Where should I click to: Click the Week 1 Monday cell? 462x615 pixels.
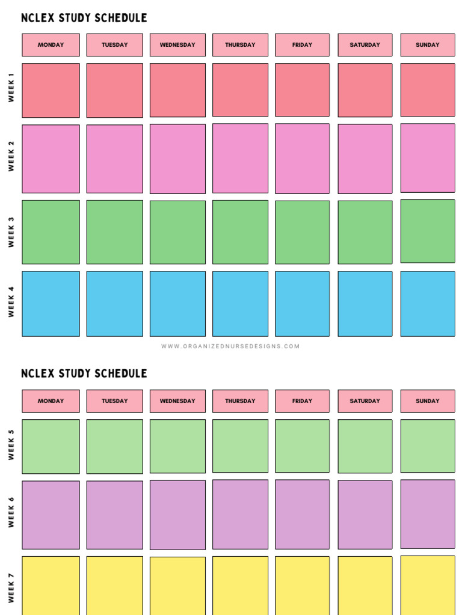[x=51, y=90]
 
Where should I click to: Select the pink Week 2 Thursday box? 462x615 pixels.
[x=240, y=159]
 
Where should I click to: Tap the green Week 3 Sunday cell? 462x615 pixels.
[x=428, y=231]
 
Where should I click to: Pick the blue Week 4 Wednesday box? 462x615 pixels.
[x=177, y=303]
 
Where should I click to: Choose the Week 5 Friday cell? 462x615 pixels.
[x=303, y=446]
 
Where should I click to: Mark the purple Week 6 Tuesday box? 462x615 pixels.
[x=114, y=515]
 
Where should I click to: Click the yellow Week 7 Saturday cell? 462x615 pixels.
[x=365, y=586]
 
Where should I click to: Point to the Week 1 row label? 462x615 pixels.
[x=11, y=88]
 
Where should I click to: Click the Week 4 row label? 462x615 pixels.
[x=11, y=301]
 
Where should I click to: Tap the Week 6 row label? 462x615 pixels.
[x=11, y=512]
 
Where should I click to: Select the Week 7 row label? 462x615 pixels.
[x=11, y=587]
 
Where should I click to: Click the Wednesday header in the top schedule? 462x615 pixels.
[x=177, y=45]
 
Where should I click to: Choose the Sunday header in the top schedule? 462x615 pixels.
[x=428, y=45]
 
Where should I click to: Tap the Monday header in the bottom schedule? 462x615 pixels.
[x=51, y=401]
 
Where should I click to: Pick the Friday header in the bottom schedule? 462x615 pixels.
[x=303, y=401]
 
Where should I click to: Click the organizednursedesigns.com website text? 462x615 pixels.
[x=230, y=347]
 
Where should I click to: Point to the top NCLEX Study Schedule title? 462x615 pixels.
[x=84, y=18]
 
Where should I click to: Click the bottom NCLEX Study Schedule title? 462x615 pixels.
[x=84, y=374]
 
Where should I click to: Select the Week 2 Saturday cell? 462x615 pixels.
[x=365, y=159]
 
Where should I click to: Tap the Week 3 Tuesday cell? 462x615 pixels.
[x=114, y=232]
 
